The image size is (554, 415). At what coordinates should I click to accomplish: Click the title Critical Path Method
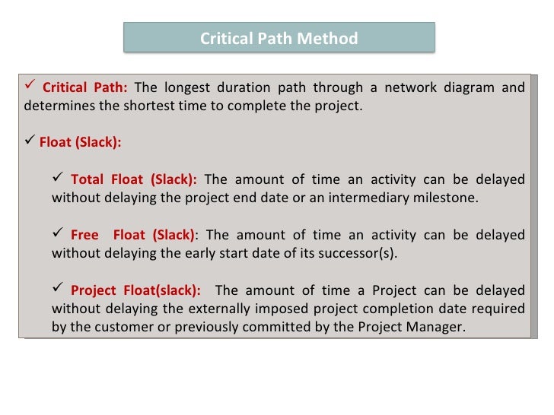[x=279, y=38]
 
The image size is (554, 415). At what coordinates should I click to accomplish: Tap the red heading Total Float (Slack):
[x=133, y=179]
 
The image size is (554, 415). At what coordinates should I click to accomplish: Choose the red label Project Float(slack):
[x=135, y=290]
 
